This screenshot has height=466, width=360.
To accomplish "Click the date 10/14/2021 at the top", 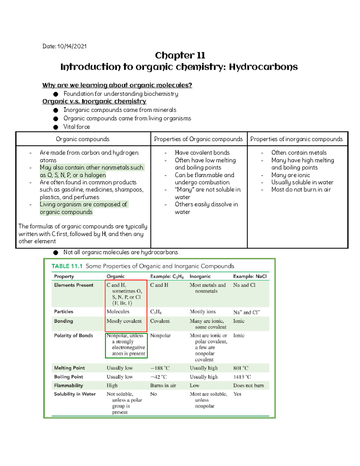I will point(72,46).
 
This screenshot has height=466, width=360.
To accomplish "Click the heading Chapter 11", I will point(180,56).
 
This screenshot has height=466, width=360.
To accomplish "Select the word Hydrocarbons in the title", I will point(263,67).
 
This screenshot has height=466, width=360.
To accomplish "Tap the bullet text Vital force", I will point(76,127).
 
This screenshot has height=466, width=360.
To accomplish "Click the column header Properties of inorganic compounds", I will point(296,139).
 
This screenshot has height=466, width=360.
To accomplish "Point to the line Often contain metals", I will point(299,152).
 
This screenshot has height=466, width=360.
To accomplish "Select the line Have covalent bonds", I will point(202,152).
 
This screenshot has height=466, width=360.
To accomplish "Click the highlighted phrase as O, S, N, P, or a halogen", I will point(73,175).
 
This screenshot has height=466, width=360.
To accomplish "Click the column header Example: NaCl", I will point(250,276).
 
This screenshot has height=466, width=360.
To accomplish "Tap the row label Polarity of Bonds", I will point(73,335).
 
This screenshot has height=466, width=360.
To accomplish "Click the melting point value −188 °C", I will point(160,368).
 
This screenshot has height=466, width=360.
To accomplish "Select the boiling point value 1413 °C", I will point(242,377).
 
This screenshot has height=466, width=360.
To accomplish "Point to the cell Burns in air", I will point(163,386).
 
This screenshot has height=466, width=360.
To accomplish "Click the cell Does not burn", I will point(248,386).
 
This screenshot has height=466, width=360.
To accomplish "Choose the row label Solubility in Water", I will point(75,394).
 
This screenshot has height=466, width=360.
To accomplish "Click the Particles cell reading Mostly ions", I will point(202,312).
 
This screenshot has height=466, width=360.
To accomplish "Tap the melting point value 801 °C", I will point(241,368).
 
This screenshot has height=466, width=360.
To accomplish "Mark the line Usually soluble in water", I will point(302,182).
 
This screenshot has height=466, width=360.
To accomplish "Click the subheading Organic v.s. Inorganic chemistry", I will point(94,101).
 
